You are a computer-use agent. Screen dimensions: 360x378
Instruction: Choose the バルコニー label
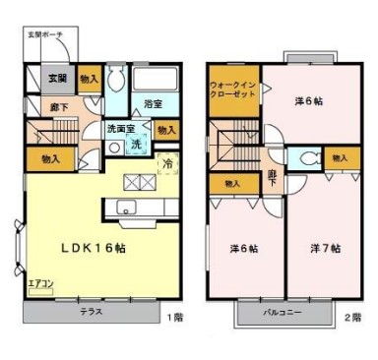point(282,314)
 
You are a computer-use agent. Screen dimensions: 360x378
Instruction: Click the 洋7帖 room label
point(323,248)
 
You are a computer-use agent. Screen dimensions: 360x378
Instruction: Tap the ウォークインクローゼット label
point(232,91)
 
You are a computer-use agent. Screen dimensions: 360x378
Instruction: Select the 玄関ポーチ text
point(45,34)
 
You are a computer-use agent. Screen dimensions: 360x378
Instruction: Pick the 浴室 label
point(154,103)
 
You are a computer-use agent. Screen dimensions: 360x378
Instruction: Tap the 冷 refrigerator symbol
point(168,163)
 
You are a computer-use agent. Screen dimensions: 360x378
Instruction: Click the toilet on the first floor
point(115,81)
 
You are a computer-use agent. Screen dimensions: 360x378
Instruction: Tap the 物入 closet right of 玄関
point(89,79)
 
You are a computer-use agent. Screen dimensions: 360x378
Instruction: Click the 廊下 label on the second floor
point(271,178)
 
